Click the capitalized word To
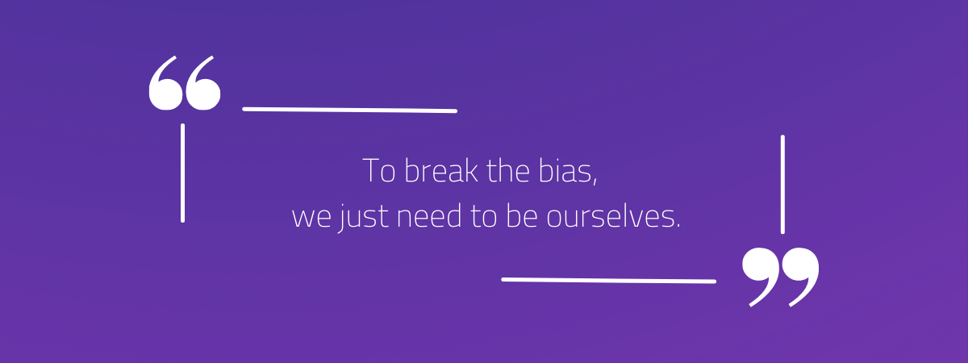click(379, 171)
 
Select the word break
click(441, 170)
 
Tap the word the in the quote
click(508, 170)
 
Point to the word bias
click(565, 170)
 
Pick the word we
click(311, 217)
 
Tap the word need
click(429, 215)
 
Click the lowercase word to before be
click(483, 216)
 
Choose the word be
click(522, 215)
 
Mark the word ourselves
click(608, 215)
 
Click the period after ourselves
click(677, 225)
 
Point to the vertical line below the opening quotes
click(183, 173)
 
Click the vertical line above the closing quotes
click(782, 185)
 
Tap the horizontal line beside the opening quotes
click(349, 111)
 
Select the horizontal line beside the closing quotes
click(608, 281)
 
